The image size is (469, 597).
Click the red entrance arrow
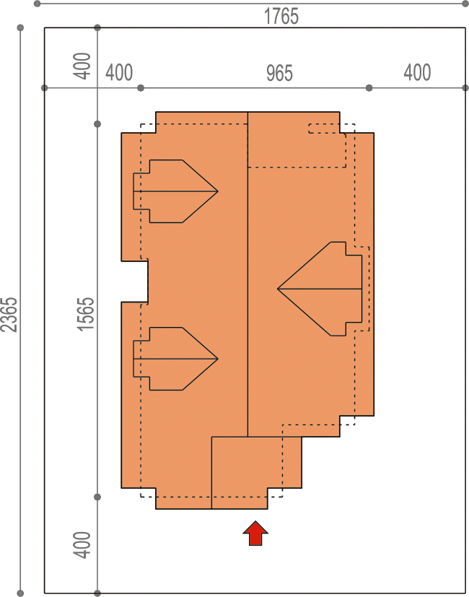[x=255, y=533]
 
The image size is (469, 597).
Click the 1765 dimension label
[x=281, y=17]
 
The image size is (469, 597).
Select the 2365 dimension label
[x=9, y=315]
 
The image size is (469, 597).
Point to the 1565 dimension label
[x=86, y=314]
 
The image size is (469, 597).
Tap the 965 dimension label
[x=279, y=73]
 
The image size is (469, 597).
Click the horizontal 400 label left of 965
[x=119, y=72]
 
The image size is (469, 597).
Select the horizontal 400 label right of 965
[x=417, y=72]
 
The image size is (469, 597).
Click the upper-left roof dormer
[x=175, y=191]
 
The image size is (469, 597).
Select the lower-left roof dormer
[x=175, y=359]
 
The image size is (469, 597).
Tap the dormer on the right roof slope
[x=320, y=289]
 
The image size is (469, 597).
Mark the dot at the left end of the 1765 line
[x=37, y=4]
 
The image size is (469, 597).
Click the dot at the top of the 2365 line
[x=20, y=27]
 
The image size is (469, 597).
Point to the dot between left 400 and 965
[x=141, y=88]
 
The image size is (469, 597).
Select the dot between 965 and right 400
[x=369, y=88]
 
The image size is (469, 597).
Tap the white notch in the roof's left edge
[x=135, y=282]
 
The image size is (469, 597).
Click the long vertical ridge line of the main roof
[x=247, y=274]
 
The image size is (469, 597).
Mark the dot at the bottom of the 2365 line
[x=20, y=593]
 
